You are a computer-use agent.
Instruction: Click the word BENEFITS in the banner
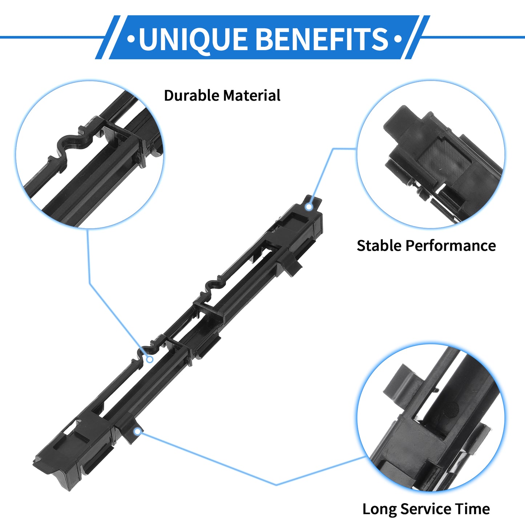point(323,39)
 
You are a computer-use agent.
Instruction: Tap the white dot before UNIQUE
point(131,39)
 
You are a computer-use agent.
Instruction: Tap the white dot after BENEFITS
point(398,39)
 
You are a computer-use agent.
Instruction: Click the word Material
point(252,96)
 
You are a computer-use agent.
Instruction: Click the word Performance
point(451,246)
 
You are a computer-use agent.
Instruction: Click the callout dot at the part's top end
point(309,207)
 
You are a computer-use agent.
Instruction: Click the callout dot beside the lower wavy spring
point(150,359)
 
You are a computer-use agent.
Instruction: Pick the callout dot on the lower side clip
point(138,431)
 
